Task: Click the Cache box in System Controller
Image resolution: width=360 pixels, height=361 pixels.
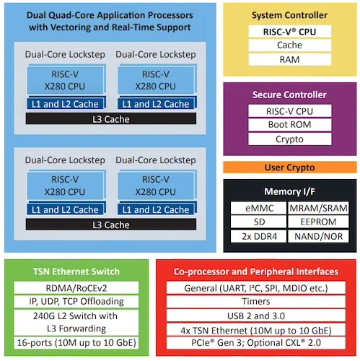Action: [x=290, y=45]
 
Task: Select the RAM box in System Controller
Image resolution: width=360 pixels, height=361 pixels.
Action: [x=290, y=59]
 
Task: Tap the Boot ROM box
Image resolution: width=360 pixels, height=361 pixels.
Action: [x=290, y=125]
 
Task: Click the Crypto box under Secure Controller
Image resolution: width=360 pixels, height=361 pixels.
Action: [x=290, y=139]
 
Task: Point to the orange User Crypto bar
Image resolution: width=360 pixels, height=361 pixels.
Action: [x=290, y=168]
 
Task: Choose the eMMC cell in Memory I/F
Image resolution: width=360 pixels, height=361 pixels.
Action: [x=259, y=208]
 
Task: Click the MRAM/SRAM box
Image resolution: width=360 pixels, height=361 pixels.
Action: [x=318, y=208]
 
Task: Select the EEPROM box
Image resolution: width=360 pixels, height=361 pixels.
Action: [x=318, y=222]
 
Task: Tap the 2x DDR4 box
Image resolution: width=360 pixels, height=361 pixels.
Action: [x=259, y=236]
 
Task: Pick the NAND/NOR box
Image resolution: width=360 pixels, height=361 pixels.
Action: [x=318, y=236]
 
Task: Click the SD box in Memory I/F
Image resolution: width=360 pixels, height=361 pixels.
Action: [x=259, y=222]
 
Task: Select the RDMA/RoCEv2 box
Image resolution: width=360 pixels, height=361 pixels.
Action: [x=76, y=288]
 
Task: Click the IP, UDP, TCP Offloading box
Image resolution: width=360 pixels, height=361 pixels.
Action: [x=76, y=302]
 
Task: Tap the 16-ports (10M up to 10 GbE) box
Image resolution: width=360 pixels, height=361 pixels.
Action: [x=76, y=343]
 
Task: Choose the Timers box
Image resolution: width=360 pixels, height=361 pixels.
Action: [x=256, y=302]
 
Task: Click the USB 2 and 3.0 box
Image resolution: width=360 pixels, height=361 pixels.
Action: [x=256, y=316]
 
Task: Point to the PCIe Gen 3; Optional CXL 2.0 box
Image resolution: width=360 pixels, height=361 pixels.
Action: [x=256, y=343]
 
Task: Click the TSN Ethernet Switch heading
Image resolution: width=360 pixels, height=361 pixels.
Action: [x=76, y=271]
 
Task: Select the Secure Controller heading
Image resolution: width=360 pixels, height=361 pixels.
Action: [x=289, y=95]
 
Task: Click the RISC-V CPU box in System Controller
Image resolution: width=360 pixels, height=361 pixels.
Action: [x=290, y=32]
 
